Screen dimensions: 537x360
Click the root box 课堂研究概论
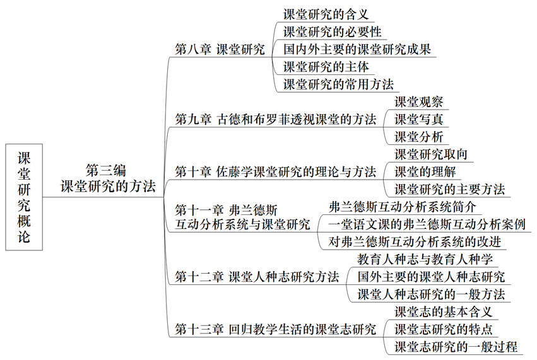coord(23,197)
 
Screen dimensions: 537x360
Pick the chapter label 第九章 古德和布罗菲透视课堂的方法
coord(275,119)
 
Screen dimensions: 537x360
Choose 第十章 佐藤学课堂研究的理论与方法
coord(275,171)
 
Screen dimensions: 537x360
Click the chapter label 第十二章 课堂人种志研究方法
coord(256,277)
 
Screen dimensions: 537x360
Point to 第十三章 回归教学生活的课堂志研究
coord(275,328)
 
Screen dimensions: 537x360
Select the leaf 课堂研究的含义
coord(326,15)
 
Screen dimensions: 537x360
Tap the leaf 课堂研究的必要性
coord(332,32)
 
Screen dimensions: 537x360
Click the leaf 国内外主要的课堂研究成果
coord(357,49)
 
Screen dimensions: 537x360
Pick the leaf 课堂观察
coord(419,102)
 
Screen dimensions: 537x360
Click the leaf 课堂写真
coord(419,119)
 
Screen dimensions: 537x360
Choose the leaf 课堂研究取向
coord(431,154)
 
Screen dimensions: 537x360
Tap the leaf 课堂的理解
coord(425,171)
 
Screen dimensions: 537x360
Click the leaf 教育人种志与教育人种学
coord(425,258)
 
